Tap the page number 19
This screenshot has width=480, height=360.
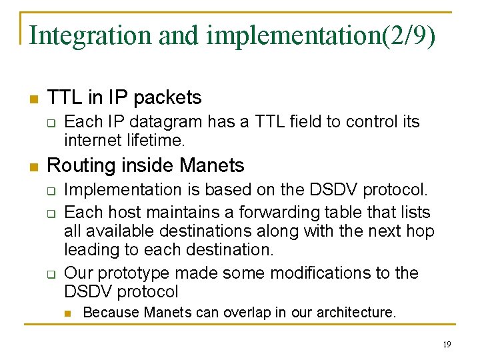coord(446,344)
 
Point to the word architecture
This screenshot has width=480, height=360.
coord(355,312)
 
